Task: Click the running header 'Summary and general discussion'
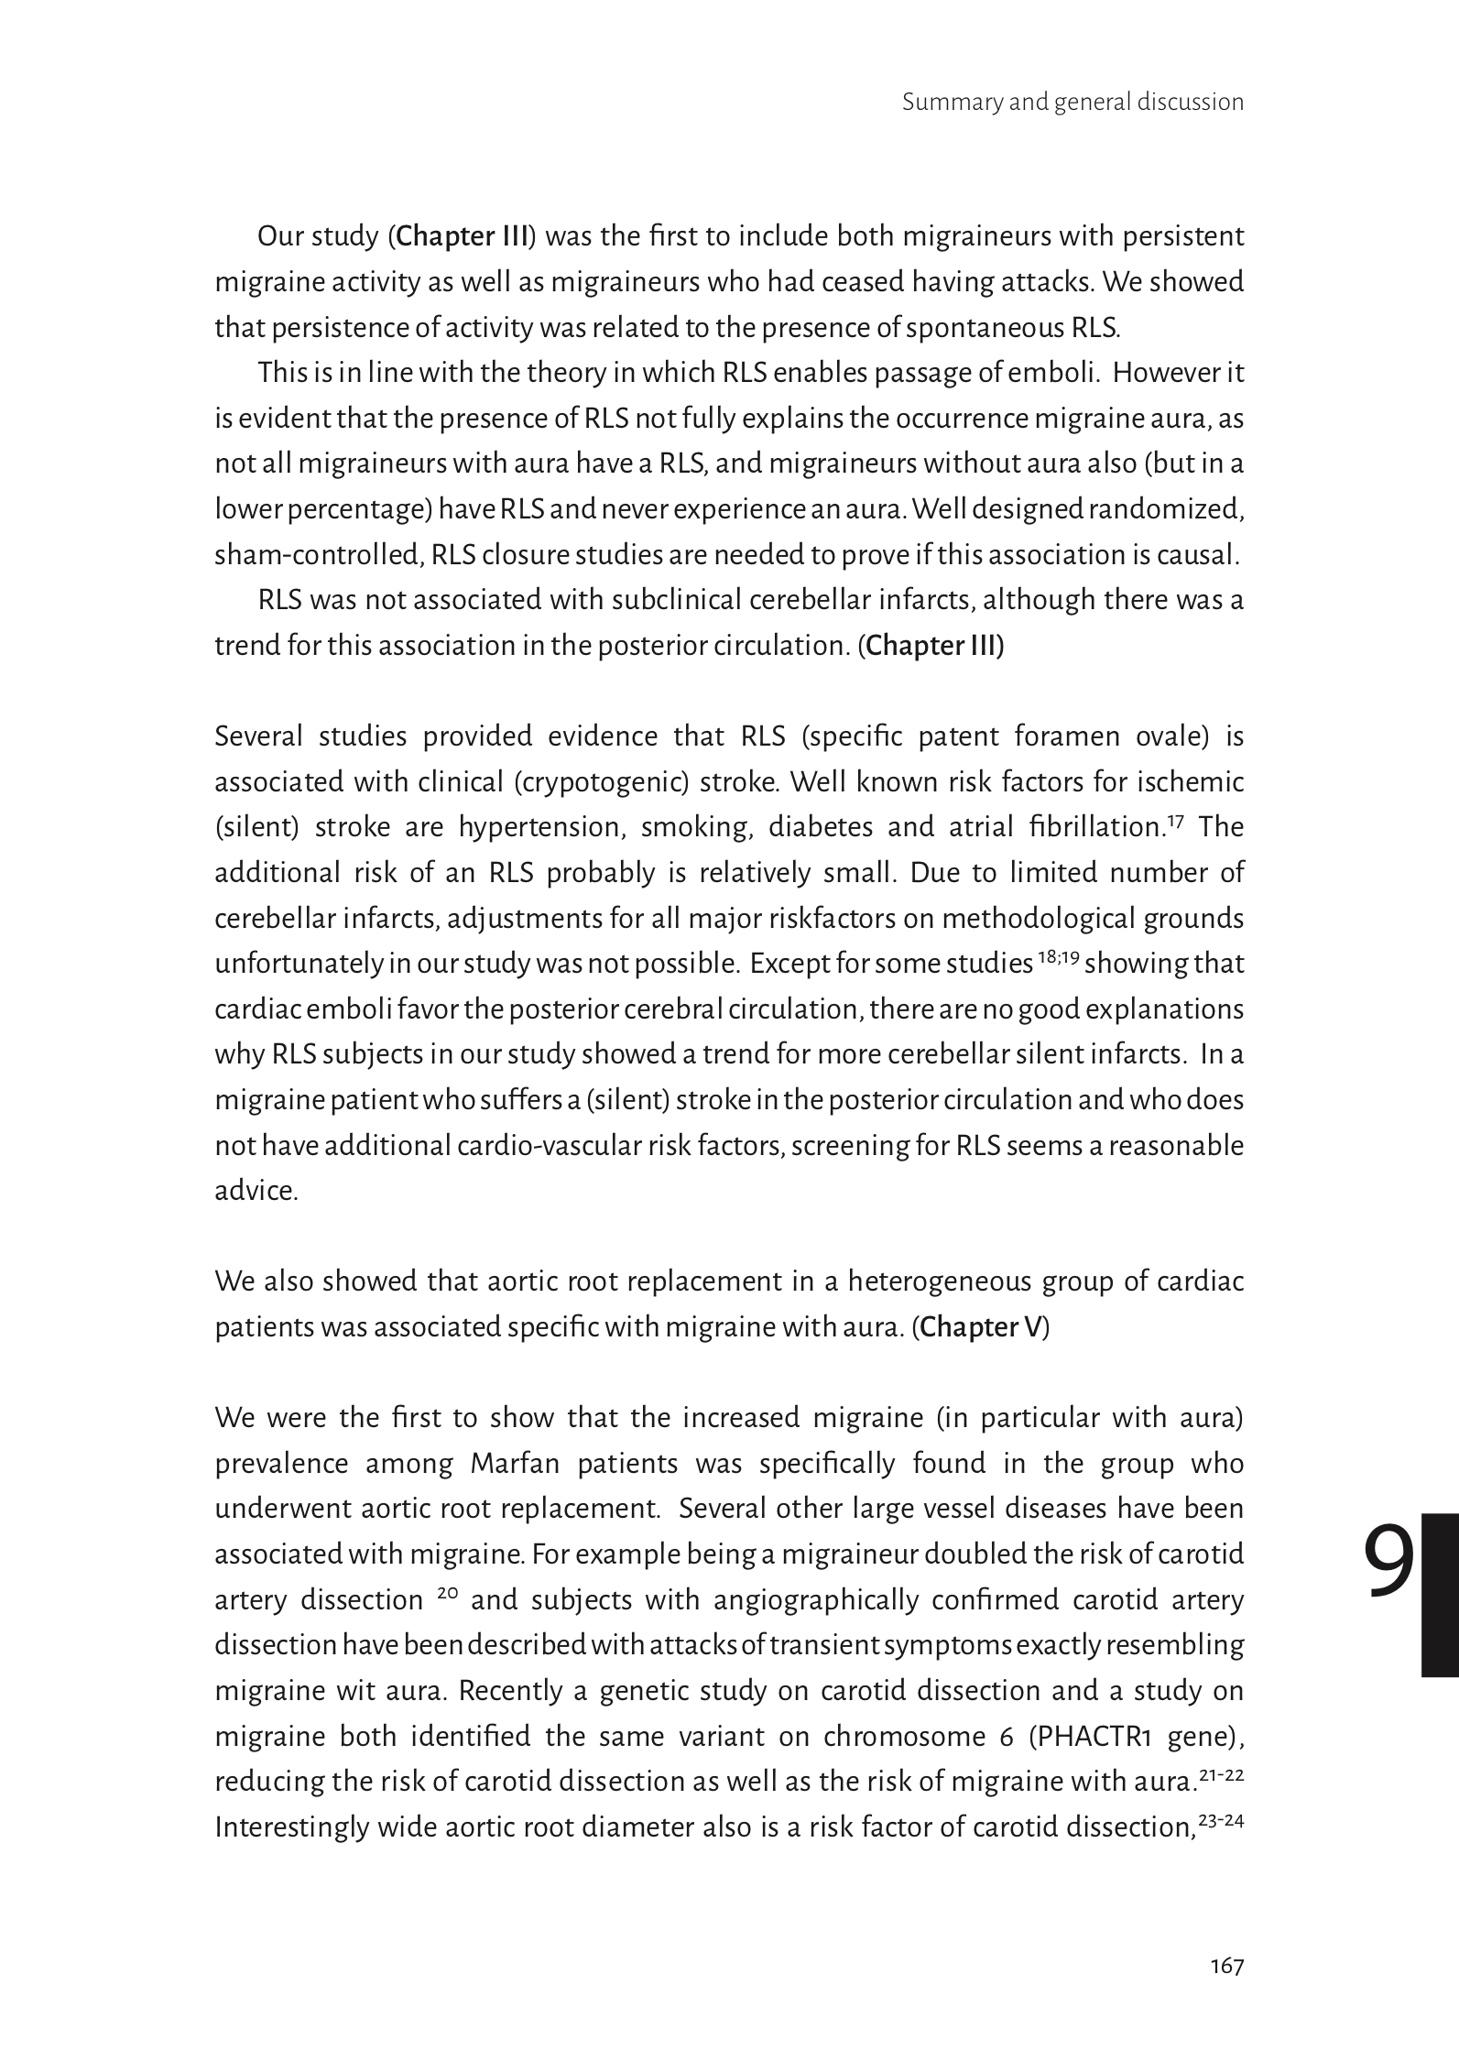click(1072, 102)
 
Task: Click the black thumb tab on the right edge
click(1440, 1595)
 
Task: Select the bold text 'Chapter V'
click(981, 1327)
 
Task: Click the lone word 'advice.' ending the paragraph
click(256, 1191)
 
